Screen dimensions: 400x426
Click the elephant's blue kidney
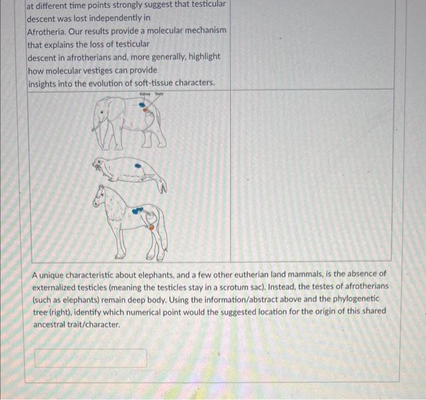click(143, 105)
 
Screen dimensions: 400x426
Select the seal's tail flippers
click(162, 186)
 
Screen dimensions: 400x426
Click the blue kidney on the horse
click(139, 209)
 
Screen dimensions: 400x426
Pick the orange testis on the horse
click(152, 227)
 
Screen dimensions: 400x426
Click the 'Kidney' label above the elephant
click(144, 95)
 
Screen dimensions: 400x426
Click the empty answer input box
click(91, 358)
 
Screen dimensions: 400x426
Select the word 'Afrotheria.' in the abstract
click(49, 30)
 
